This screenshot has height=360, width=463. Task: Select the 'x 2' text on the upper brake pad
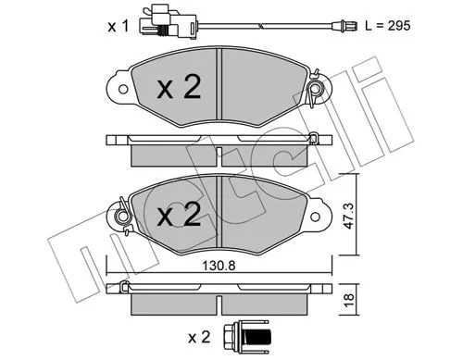click(178, 90)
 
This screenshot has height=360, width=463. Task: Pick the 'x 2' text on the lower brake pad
click(178, 216)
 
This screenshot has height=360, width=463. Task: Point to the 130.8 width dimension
click(219, 264)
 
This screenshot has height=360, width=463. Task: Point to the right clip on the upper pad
click(317, 89)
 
